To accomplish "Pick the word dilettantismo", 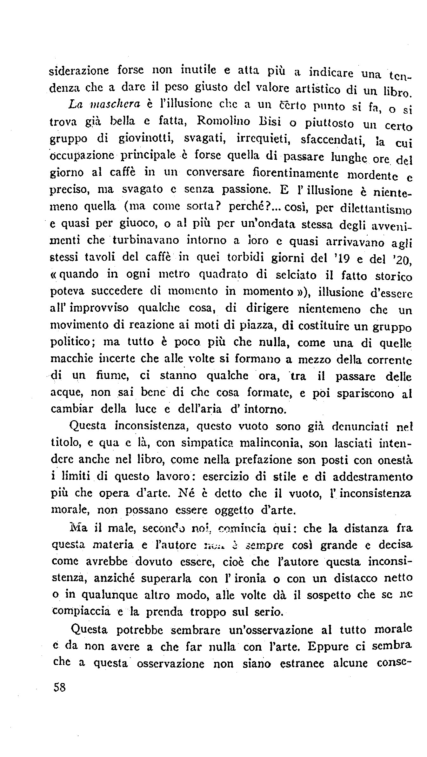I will coord(376,209).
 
